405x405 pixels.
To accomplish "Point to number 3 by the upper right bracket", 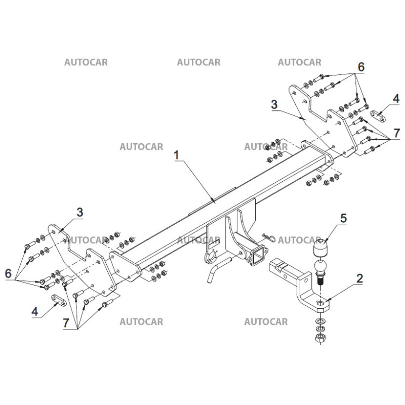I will [x=274, y=105].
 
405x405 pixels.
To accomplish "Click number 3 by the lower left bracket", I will [x=79, y=212].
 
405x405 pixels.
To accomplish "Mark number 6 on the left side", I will [x=9, y=273].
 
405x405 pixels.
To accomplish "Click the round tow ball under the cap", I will [x=321, y=266].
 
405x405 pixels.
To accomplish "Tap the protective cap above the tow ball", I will [x=320, y=249].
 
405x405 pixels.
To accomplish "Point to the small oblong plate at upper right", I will [x=377, y=116].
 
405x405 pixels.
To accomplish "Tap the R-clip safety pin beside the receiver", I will [x=268, y=236].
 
